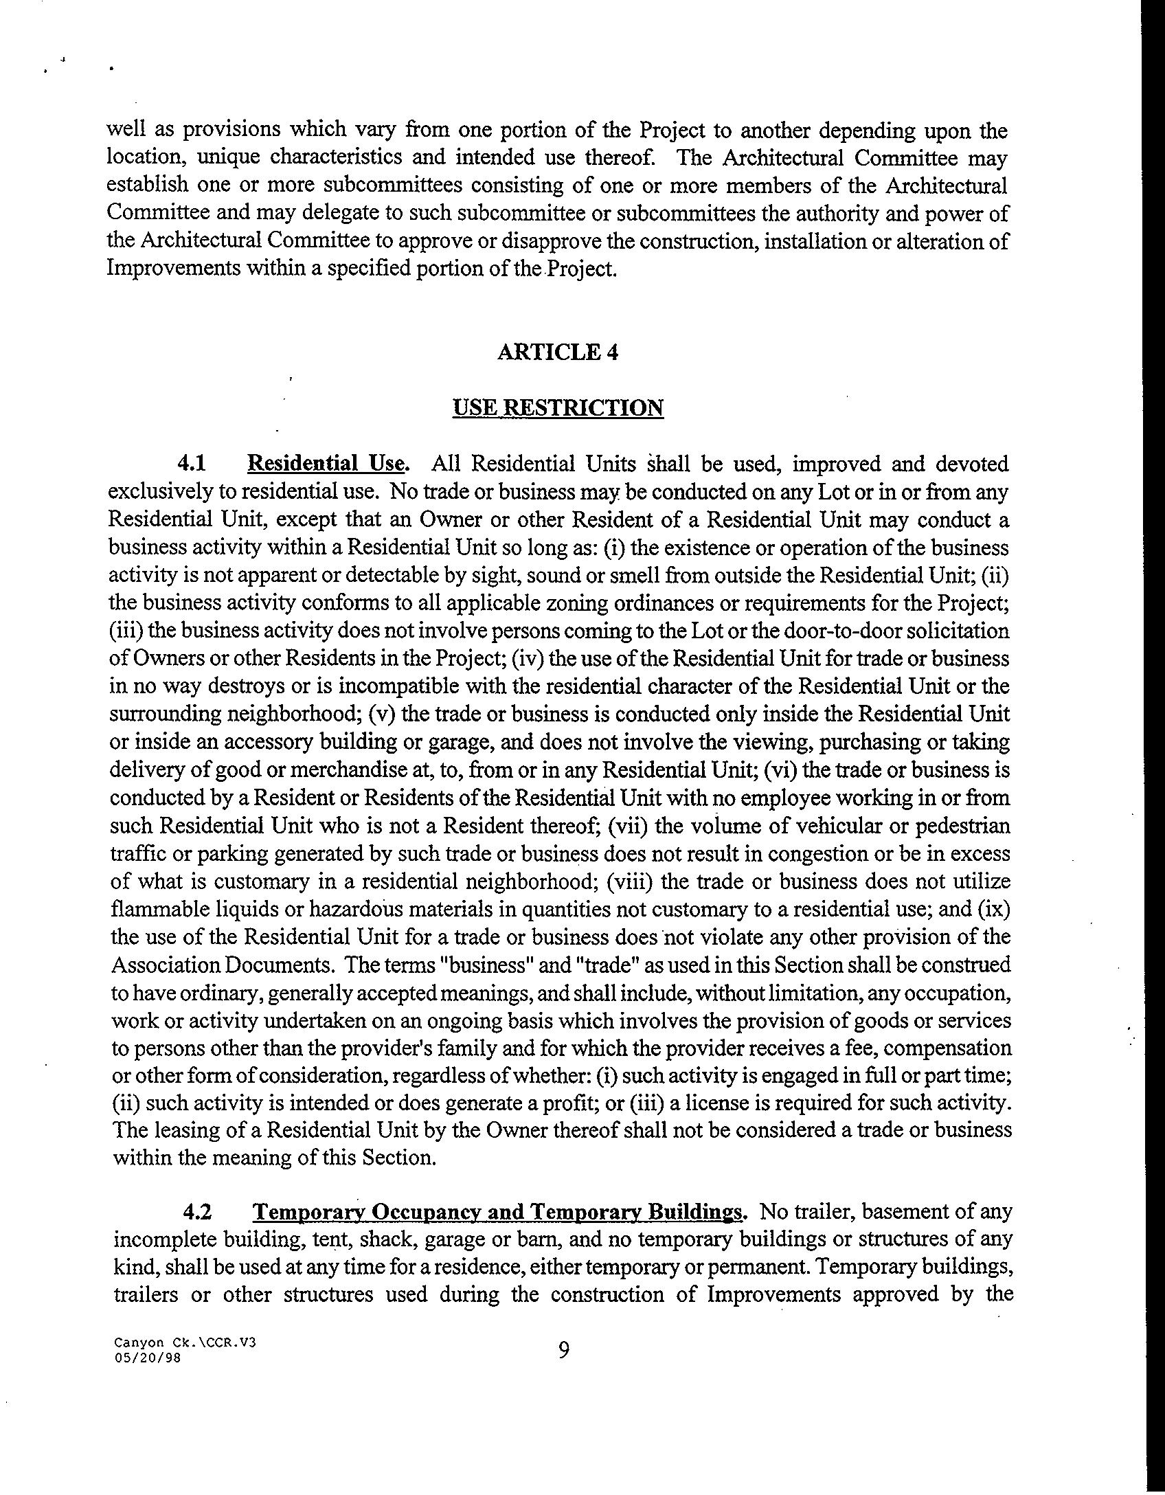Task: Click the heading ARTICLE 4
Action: pyautogui.click(x=557, y=352)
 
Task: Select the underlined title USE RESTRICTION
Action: pyautogui.click(x=558, y=407)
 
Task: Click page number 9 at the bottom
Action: pyautogui.click(x=563, y=1350)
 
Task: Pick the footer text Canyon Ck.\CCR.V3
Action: pyautogui.click(x=185, y=1341)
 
